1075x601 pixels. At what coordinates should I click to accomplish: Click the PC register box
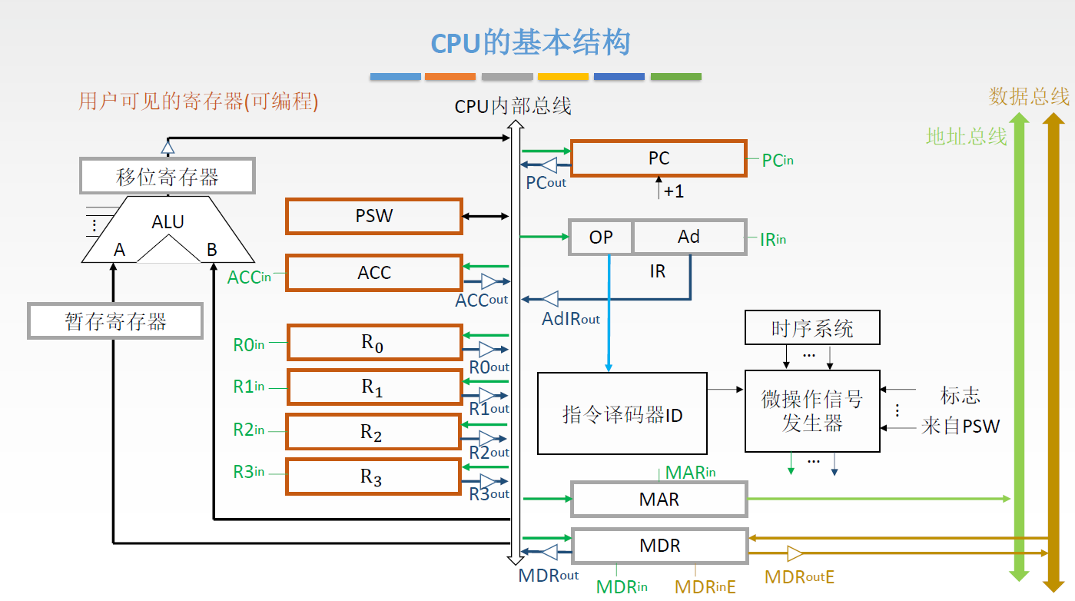659,158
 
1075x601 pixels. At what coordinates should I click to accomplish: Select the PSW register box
374,216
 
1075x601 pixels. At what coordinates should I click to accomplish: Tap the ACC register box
374,273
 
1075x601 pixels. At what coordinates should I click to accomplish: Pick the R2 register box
373,432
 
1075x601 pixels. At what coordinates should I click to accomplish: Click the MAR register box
659,500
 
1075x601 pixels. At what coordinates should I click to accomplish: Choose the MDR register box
660,546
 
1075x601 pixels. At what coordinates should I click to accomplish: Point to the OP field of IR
600,237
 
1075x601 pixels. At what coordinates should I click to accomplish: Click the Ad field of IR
689,237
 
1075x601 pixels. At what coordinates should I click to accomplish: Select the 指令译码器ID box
622,413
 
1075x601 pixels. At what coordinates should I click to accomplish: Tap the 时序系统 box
812,328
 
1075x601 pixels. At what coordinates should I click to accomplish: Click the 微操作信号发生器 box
812,411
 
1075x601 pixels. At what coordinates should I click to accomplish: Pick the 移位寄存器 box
168,176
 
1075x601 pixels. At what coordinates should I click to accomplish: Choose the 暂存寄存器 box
115,321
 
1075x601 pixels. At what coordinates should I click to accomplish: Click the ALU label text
168,222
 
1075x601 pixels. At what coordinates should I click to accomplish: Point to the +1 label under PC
674,191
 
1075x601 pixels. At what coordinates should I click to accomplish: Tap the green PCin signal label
778,161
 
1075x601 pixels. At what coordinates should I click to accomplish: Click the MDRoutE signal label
799,577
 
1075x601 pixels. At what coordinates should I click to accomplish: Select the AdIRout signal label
571,319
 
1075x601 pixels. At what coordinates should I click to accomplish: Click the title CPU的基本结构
530,42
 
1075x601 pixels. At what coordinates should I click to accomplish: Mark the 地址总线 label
966,136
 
